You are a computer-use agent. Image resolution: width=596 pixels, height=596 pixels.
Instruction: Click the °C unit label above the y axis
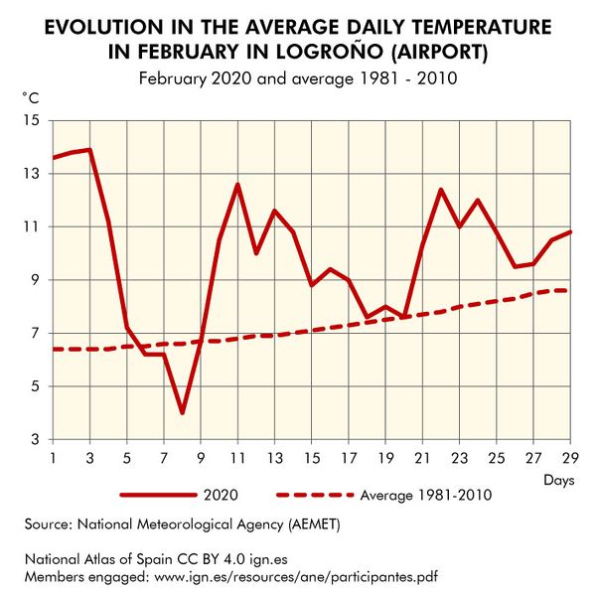pos(32,96)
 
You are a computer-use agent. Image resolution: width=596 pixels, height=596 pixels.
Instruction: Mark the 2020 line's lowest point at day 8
pos(182,412)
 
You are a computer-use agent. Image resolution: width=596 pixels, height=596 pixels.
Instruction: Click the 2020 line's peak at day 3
pos(90,150)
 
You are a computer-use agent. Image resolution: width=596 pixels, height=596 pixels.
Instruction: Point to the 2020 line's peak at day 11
pos(237,185)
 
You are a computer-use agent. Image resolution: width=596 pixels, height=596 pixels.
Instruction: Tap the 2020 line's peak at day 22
pos(441,190)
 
